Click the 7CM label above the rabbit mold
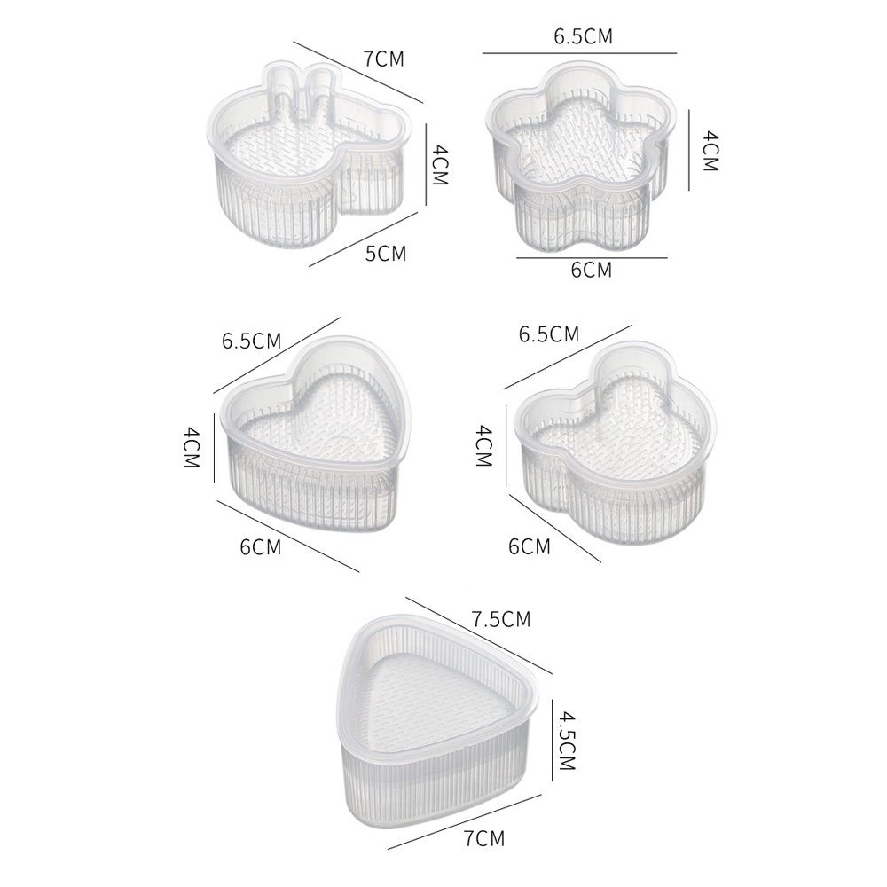tap(384, 59)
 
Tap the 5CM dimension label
tap(387, 254)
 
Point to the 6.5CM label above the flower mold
tap(584, 36)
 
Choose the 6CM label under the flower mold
tap(591, 270)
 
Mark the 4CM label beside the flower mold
tap(709, 151)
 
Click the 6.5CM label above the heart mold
tap(251, 341)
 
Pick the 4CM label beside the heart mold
tap(192, 447)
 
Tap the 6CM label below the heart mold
tap(261, 547)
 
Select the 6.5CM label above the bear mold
tap(549, 334)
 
